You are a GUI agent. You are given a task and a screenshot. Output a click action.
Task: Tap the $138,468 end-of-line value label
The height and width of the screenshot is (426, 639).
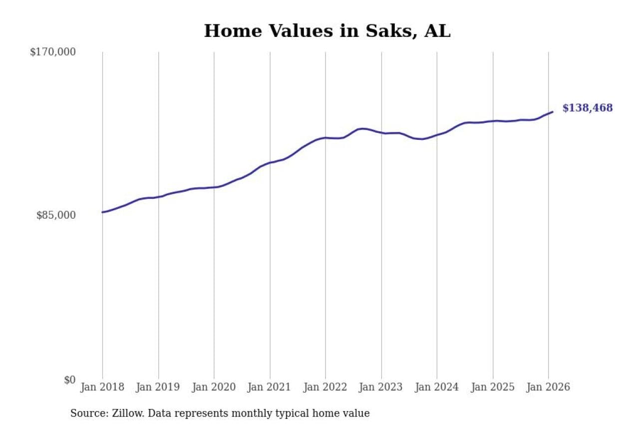(x=587, y=108)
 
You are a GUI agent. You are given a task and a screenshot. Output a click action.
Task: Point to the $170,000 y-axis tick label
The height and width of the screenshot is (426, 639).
(x=53, y=51)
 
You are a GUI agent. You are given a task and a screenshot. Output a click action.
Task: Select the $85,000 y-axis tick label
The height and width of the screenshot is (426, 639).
(x=56, y=215)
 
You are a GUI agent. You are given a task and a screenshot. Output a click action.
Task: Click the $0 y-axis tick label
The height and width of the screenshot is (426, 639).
(x=69, y=379)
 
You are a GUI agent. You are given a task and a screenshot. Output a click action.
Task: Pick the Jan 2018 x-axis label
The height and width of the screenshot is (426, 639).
(x=103, y=387)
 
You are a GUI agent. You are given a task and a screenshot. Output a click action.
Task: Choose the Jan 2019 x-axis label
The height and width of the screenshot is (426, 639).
(x=159, y=387)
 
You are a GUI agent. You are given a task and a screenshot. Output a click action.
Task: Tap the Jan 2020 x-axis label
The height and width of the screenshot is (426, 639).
(x=214, y=387)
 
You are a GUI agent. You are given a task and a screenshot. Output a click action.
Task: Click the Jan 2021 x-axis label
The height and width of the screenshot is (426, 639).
(x=270, y=387)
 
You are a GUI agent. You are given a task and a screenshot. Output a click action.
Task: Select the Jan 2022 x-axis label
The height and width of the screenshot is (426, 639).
(x=325, y=387)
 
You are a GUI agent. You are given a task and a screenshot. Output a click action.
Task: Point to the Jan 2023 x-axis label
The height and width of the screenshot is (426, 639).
(x=381, y=387)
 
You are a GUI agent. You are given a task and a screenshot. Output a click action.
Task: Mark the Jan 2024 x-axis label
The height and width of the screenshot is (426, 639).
(x=437, y=387)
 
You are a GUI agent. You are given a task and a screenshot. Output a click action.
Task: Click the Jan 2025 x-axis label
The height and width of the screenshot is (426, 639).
(x=493, y=387)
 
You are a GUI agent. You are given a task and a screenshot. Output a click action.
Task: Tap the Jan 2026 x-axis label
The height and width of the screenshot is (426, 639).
(x=548, y=387)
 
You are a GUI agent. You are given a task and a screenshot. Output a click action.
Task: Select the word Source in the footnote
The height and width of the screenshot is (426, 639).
(x=86, y=413)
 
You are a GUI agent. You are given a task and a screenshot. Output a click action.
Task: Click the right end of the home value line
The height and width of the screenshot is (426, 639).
(x=553, y=112)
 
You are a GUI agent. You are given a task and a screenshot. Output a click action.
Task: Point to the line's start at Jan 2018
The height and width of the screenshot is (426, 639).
(x=103, y=212)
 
